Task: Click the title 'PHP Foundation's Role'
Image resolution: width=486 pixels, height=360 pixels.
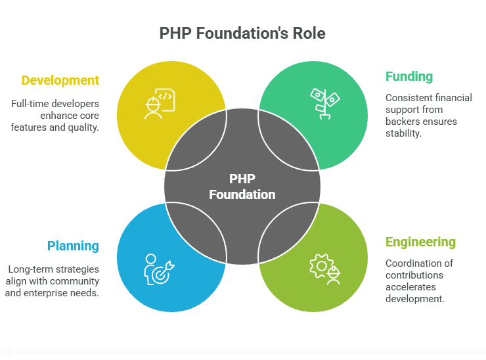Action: (242, 34)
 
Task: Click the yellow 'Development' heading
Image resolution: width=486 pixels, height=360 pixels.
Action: (60, 81)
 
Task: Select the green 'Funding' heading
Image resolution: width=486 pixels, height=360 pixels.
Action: (409, 76)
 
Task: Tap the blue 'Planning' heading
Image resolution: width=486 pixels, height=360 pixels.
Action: (73, 246)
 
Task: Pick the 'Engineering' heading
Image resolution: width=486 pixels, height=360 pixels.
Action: (420, 242)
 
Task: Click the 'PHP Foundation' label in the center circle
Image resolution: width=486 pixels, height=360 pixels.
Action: (242, 187)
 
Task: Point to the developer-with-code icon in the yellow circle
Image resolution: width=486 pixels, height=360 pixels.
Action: (160, 104)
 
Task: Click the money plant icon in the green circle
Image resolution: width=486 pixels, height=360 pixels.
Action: (325, 104)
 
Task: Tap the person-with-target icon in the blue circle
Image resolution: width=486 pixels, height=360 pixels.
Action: (160, 269)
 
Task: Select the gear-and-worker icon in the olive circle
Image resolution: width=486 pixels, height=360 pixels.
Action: (325, 269)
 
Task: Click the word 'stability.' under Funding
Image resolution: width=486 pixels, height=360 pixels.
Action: (403, 133)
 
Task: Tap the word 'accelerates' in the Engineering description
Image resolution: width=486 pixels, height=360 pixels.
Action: (410, 287)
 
